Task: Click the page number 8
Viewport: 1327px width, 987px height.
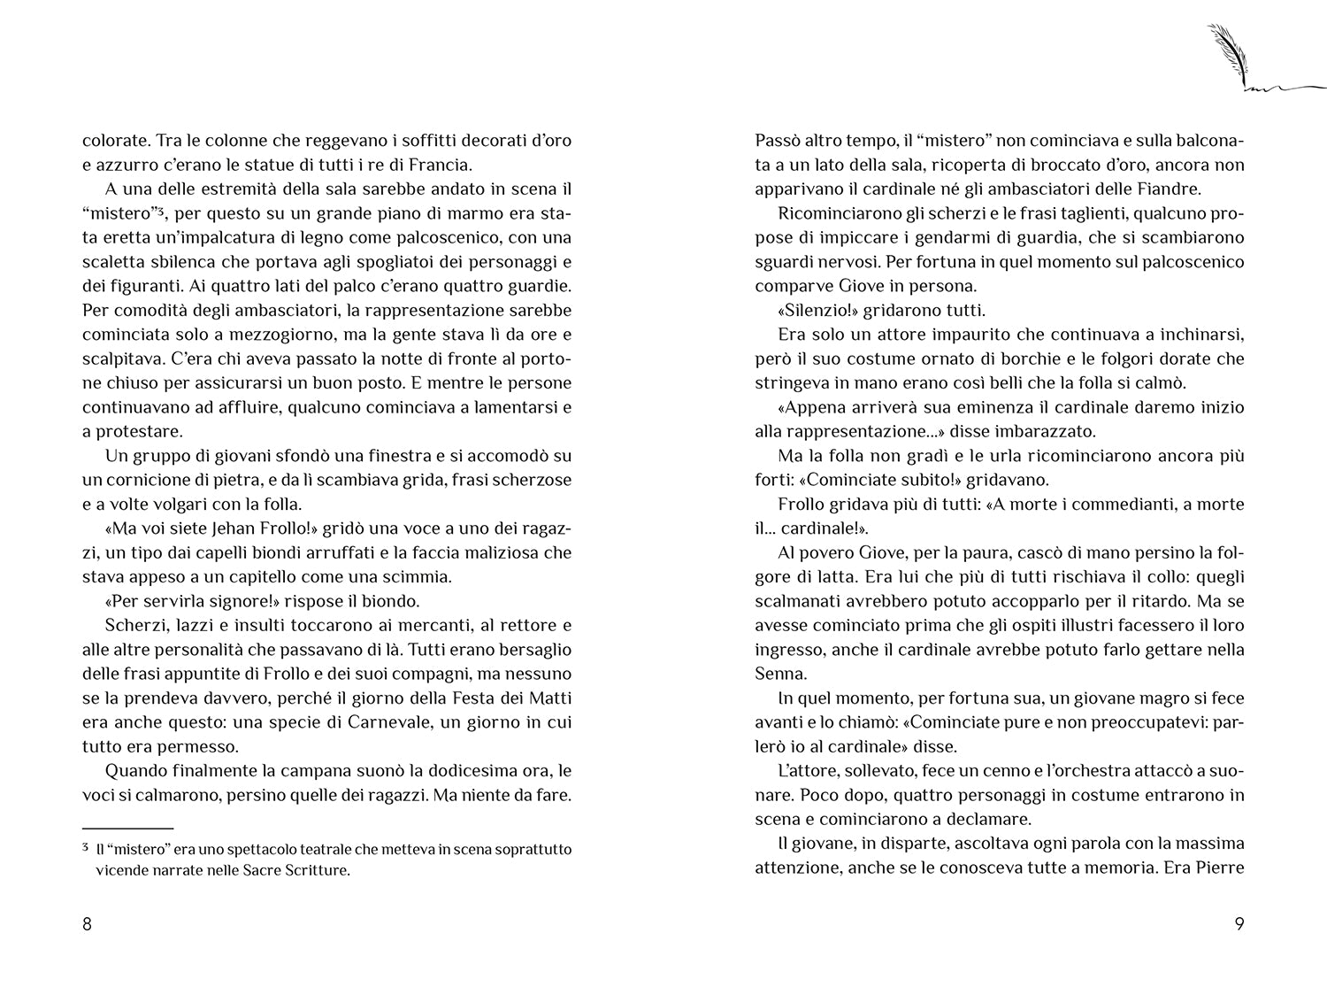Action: point(87,924)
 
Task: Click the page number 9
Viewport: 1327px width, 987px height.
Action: point(1239,924)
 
